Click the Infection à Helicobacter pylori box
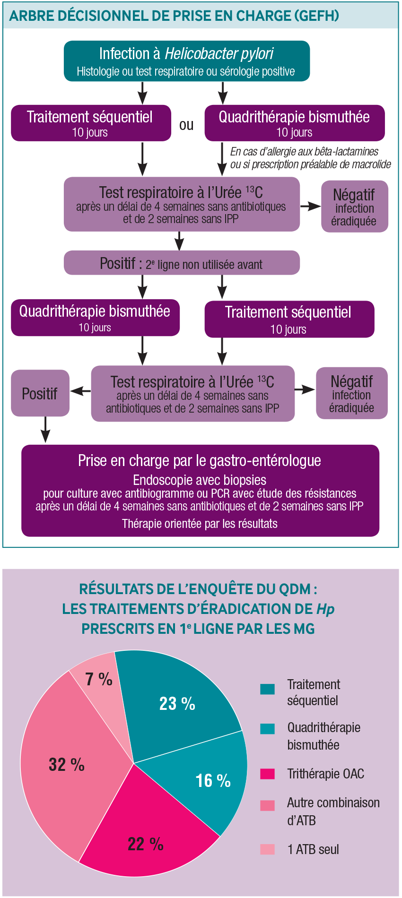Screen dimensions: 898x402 187,61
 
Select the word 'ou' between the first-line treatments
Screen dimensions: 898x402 186,125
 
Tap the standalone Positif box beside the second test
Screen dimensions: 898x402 40,393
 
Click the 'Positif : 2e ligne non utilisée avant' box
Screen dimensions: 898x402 182,263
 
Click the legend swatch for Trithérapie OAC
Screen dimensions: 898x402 267,774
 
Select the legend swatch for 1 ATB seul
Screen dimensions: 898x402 267,849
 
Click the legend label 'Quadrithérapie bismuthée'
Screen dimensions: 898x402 323,736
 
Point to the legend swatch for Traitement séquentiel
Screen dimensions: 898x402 267,689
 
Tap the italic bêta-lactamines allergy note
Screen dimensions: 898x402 310,158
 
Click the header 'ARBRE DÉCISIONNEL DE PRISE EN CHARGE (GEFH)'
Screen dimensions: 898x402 174,16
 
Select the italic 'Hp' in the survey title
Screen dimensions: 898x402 325,609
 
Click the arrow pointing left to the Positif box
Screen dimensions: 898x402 80,391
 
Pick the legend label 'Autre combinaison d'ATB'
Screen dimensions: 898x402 333,811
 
